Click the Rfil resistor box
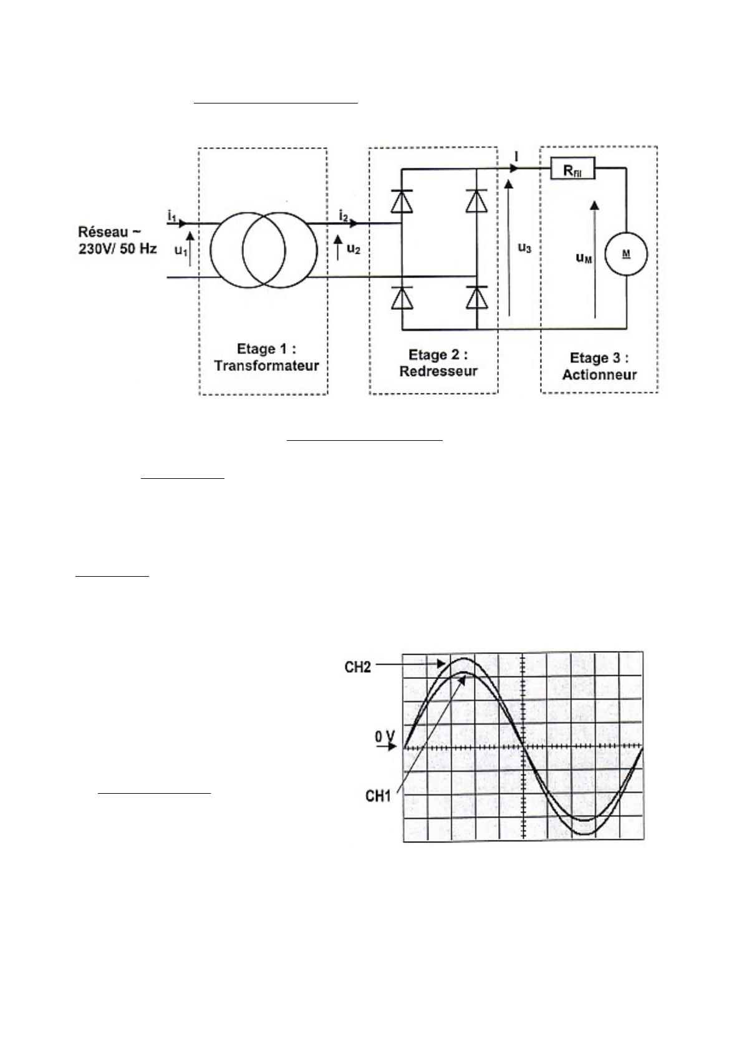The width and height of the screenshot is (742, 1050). coord(572,168)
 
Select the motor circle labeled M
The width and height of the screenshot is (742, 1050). coord(626,254)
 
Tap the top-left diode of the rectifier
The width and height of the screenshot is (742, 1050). coord(402,201)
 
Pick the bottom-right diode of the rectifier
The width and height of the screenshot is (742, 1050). coord(477,297)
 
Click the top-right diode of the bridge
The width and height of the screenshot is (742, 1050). coord(477,201)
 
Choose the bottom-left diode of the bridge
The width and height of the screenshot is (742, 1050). coord(402,297)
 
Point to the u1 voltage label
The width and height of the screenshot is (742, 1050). coord(181,251)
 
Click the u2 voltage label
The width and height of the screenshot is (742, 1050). coord(354,249)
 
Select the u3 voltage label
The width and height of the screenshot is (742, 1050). coord(524,248)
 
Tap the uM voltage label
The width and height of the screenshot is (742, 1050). coord(584,258)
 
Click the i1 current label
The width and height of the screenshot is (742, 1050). coord(171,216)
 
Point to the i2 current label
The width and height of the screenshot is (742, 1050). coord(344,216)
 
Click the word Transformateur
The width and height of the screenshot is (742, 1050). coord(266,365)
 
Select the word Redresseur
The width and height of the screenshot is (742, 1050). coord(438,371)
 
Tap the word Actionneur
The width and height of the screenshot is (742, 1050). coord(599,375)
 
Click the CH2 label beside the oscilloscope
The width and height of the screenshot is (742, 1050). coord(358,667)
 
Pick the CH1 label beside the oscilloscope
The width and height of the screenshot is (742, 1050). coord(378,796)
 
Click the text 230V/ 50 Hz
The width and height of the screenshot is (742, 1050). coord(117,248)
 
